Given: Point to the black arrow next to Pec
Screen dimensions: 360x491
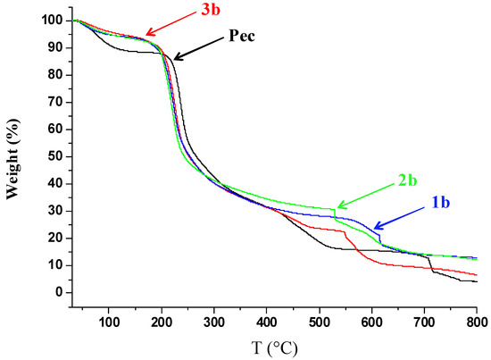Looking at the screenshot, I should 196,50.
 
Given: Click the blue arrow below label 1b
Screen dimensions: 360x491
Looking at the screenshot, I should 393,220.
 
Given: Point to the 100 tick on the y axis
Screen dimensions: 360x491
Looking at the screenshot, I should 52,20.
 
